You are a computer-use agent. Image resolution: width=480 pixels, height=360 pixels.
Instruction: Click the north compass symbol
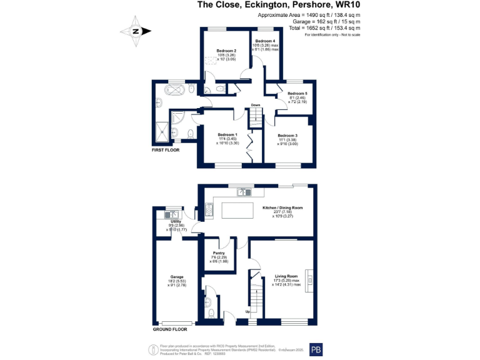tap(136, 31)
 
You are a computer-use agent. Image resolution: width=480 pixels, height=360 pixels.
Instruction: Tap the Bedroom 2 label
tap(226, 51)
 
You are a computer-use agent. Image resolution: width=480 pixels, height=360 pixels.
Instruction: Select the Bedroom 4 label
tap(265, 41)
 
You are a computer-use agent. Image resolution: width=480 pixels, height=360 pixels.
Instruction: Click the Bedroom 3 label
tap(287, 136)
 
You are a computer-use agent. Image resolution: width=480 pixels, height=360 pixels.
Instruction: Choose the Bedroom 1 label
tap(227, 135)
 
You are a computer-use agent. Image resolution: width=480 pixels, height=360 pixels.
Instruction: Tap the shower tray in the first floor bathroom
tap(165, 131)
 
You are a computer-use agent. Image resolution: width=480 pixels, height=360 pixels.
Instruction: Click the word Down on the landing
tap(256, 105)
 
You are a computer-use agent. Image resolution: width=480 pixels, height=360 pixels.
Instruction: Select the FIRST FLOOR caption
tap(166, 151)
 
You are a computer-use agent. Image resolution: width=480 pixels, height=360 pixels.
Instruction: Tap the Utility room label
tap(176, 221)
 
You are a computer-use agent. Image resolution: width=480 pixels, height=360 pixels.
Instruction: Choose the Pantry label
tap(219, 252)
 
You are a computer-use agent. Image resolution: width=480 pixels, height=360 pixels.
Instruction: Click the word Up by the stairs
tap(247, 311)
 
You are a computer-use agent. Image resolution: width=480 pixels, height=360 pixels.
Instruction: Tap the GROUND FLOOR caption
tap(170, 329)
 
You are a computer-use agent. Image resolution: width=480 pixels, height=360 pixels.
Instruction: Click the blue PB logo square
tap(317, 349)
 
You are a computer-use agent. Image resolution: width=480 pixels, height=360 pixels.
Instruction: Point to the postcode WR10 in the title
tap(349, 5)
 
